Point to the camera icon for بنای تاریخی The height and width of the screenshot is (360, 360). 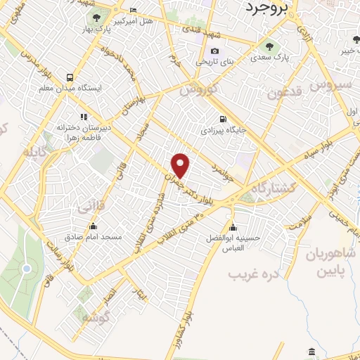point(214,51)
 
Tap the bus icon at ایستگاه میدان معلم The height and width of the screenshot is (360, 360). point(69,77)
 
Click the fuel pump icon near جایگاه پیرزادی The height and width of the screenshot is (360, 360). point(223,119)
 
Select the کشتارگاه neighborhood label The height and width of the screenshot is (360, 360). point(271,181)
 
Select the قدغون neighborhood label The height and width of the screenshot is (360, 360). point(285,94)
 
